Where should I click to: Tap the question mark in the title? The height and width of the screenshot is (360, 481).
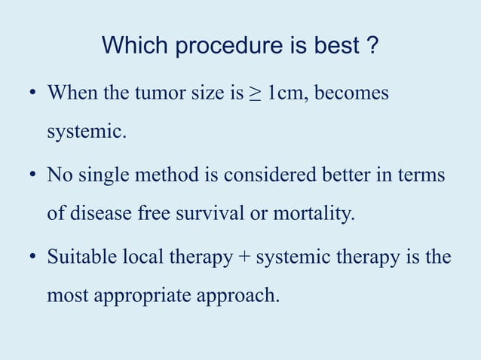370,47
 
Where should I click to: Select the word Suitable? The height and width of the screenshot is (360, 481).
78,257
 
